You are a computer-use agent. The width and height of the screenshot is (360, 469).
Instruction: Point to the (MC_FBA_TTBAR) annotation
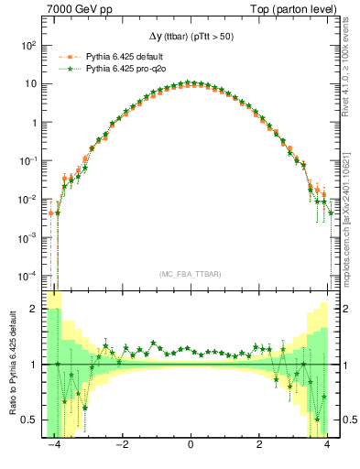coord(189,274)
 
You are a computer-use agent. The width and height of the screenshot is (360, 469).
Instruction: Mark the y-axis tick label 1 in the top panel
coord(34,122)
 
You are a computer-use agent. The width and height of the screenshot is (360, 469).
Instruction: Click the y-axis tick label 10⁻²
coord(28,199)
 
